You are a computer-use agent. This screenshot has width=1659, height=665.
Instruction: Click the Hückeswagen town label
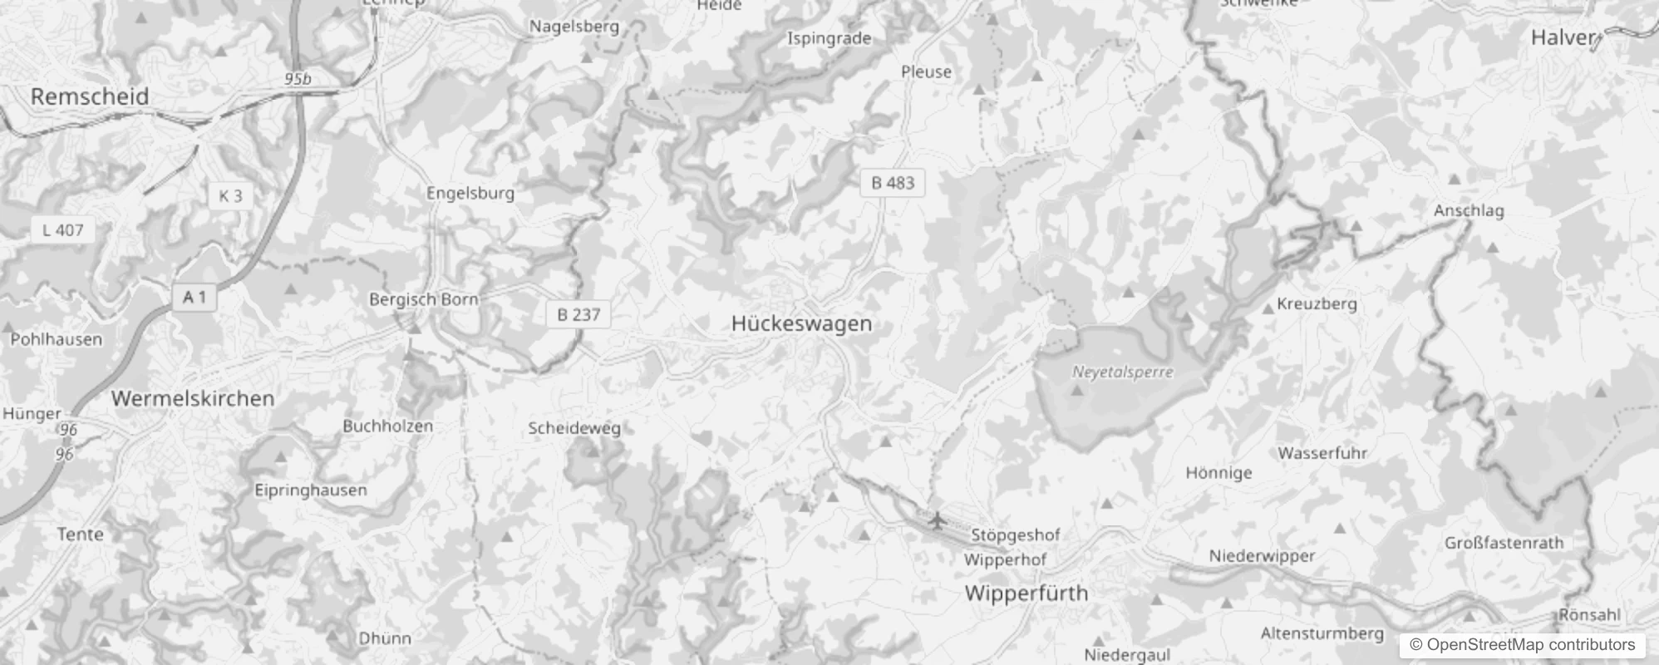pyautogui.click(x=801, y=323)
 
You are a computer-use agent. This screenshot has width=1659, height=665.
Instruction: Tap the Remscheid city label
pyautogui.click(x=90, y=96)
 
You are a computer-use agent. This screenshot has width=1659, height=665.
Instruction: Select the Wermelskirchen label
pyautogui.click(x=193, y=398)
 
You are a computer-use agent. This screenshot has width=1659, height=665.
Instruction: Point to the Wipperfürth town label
pyautogui.click(x=1026, y=594)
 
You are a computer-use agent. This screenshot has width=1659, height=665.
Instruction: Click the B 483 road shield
pyautogui.click(x=893, y=183)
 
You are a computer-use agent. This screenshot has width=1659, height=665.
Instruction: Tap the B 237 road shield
pyautogui.click(x=578, y=314)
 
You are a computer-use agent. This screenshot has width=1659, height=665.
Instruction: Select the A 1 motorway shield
pyautogui.click(x=194, y=297)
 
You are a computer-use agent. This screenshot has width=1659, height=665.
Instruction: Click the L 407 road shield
pyautogui.click(x=63, y=230)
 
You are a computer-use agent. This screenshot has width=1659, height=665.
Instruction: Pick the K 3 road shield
pyautogui.click(x=230, y=196)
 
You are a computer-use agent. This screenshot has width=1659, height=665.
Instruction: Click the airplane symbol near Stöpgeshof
pyautogui.click(x=937, y=521)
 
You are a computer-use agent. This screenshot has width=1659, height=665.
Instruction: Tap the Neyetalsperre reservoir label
pyautogui.click(x=1122, y=372)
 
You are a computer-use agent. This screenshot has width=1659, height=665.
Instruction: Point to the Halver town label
pyautogui.click(x=1563, y=37)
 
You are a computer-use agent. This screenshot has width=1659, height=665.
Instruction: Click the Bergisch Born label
pyautogui.click(x=424, y=299)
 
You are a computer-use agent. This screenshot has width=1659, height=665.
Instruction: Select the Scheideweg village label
pyautogui.click(x=574, y=429)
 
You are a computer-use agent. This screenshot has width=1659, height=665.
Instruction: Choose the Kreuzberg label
pyautogui.click(x=1317, y=303)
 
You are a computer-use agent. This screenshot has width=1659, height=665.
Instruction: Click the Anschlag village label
pyautogui.click(x=1469, y=210)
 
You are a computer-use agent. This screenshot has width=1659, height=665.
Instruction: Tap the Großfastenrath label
pyautogui.click(x=1504, y=543)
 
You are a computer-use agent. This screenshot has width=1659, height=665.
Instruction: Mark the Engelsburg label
pyautogui.click(x=470, y=193)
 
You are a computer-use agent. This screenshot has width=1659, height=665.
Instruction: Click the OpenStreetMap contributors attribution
pyautogui.click(x=1522, y=644)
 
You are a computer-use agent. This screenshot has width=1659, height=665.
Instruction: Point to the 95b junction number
pyautogui.click(x=298, y=79)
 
